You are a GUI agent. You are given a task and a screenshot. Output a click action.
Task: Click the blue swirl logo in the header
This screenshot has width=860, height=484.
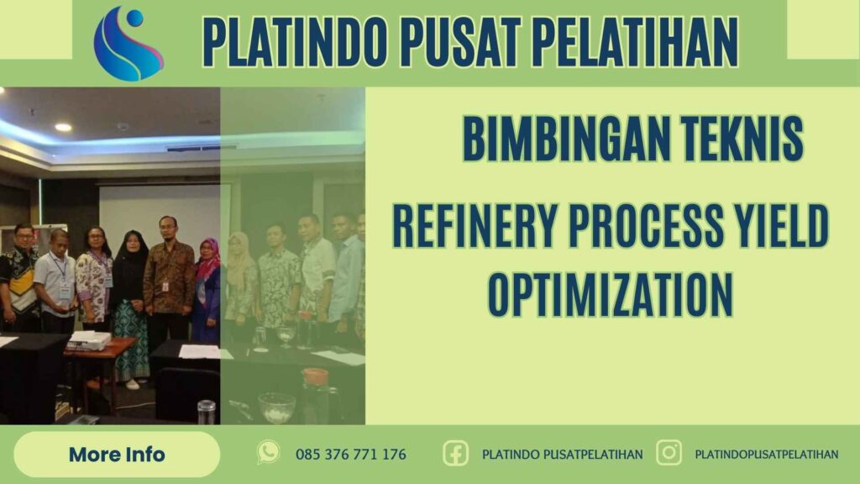tap(128, 43)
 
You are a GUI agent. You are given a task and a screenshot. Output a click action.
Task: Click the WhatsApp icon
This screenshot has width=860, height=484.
tap(268, 453)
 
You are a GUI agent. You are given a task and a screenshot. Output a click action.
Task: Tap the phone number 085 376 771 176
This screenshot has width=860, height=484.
tap(351, 455)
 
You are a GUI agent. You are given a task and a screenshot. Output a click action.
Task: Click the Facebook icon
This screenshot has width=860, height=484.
tap(456, 454)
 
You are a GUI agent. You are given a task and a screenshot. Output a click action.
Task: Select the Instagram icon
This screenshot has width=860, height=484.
tap(669, 454)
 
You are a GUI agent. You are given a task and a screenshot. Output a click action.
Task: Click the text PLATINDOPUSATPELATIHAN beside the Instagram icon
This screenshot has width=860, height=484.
tap(767, 455)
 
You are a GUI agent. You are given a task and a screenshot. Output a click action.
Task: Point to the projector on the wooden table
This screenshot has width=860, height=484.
tap(89, 340)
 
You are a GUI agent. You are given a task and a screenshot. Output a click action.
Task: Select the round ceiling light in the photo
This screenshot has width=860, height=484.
tap(63, 127)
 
